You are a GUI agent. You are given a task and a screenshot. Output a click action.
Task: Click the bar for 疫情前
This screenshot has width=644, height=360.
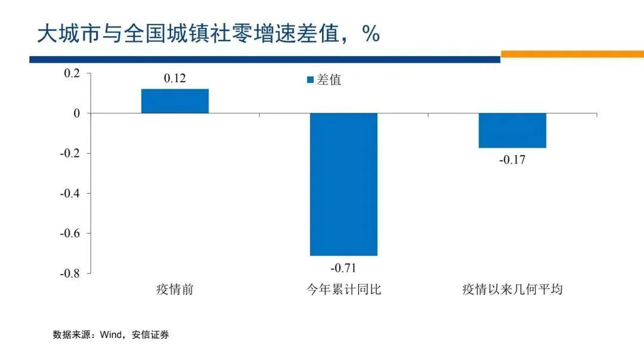pyautogui.click(x=175, y=101)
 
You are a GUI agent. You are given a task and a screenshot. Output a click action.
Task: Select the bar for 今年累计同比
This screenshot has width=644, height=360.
pyautogui.click(x=343, y=184)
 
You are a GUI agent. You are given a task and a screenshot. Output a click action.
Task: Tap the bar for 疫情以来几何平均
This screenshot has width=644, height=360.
pyautogui.click(x=512, y=131)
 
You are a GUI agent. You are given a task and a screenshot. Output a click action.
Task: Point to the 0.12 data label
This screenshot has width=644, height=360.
pyautogui.click(x=175, y=79)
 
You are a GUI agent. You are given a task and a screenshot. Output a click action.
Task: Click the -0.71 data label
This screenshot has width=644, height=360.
pyautogui.click(x=343, y=267)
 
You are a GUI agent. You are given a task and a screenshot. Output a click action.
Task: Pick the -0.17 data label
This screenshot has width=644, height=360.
pyautogui.click(x=512, y=160)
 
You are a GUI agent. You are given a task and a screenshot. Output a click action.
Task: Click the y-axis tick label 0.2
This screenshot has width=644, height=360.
pyautogui.click(x=72, y=73)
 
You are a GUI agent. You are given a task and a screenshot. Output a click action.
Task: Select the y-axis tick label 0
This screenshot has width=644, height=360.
pyautogui.click(x=76, y=113)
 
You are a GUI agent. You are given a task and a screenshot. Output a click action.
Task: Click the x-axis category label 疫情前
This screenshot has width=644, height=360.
pyautogui.click(x=175, y=290)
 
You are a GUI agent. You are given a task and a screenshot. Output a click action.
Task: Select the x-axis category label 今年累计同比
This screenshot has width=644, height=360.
pyautogui.click(x=343, y=290)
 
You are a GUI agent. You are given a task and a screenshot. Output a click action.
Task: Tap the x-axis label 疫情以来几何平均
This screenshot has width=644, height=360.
pyautogui.click(x=512, y=290)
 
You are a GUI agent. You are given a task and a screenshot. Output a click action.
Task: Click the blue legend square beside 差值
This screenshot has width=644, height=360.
pyautogui.click(x=310, y=80)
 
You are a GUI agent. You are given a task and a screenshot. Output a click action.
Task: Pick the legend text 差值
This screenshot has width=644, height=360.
pyautogui.click(x=329, y=80)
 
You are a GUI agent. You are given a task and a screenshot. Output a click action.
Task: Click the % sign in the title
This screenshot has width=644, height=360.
pyautogui.click(x=370, y=34)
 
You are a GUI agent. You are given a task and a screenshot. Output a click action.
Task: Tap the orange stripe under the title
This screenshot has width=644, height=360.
pyautogui.click(x=572, y=54)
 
